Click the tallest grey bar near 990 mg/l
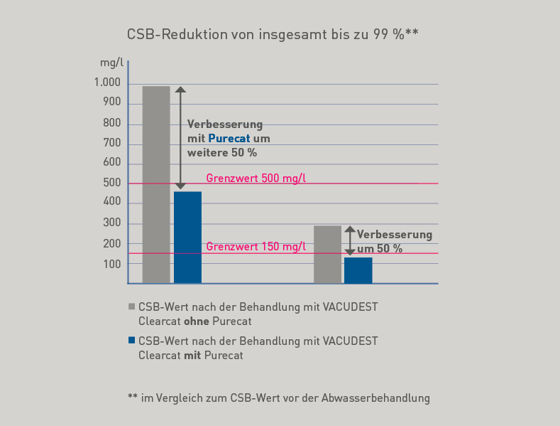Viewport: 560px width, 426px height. pos(156,185)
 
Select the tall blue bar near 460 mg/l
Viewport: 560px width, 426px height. pos(187,238)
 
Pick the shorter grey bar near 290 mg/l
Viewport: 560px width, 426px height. pos(327,255)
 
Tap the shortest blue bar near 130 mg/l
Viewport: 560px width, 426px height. pos(358,270)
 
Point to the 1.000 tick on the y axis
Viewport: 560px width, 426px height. pos(107,83)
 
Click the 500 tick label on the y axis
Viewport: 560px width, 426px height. pos(112,183)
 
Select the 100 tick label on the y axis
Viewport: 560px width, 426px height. pos(112,264)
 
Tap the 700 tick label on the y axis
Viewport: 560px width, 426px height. pos(112,144)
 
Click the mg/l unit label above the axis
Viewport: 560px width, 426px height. pos(111,63)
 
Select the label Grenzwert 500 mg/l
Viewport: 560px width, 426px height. pos(256,178)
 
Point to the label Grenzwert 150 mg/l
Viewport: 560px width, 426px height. pos(256,247)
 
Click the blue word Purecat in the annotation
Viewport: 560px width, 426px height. pos(229,138)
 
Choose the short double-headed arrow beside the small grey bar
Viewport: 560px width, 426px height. pos(349,240)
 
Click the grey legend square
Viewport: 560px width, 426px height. pos(131,307)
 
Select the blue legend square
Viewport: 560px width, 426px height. pos(131,341)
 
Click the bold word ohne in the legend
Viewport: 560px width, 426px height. pos(187,321)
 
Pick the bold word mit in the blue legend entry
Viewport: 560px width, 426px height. pos(192,356)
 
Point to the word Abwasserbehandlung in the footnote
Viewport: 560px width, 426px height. pos(373,398)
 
